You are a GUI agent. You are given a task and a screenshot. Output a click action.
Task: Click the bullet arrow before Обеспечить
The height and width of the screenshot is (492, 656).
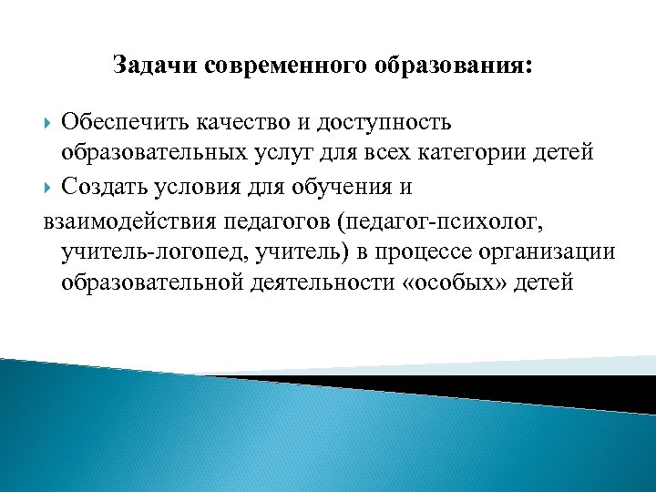pos(49,121)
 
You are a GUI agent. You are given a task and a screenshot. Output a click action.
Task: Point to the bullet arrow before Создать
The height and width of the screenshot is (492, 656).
pos(49,187)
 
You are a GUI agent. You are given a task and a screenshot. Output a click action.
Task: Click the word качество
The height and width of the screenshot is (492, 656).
pos(241,121)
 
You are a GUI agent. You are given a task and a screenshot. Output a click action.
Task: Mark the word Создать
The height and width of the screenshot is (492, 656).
pos(103,187)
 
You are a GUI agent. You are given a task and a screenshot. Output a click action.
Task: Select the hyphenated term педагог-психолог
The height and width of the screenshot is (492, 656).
pos(447,220)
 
